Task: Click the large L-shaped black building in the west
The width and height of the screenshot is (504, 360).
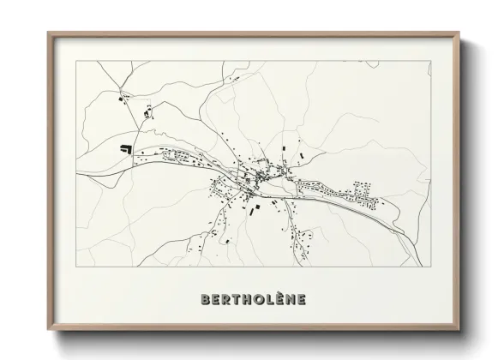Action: (126, 148)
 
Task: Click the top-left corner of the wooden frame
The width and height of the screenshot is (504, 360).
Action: (48, 33)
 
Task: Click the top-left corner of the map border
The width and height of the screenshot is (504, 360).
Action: (76, 62)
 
